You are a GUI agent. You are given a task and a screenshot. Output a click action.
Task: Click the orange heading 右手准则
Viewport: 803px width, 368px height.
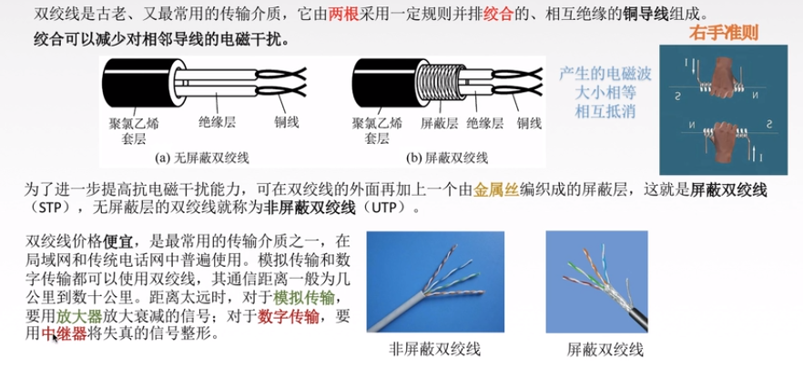coord(723,34)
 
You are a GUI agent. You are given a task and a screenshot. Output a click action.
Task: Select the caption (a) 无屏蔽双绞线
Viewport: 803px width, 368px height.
coord(202,158)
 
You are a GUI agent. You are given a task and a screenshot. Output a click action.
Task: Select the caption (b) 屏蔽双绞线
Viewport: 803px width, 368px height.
coord(447,158)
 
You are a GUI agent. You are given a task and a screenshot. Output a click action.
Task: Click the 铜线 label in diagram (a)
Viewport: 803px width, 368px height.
coord(286,122)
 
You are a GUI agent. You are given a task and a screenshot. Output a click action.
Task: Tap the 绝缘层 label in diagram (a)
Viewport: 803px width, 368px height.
coord(217,122)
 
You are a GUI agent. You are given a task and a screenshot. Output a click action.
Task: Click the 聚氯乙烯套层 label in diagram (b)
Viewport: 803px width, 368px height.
coord(378,130)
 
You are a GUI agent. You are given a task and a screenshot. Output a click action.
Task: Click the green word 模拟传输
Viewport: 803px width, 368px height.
coord(304,297)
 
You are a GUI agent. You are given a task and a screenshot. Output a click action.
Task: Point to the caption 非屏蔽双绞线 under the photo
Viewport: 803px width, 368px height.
coord(435,350)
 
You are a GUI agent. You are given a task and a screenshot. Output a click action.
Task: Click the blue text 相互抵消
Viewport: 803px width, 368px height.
coord(605,111)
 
